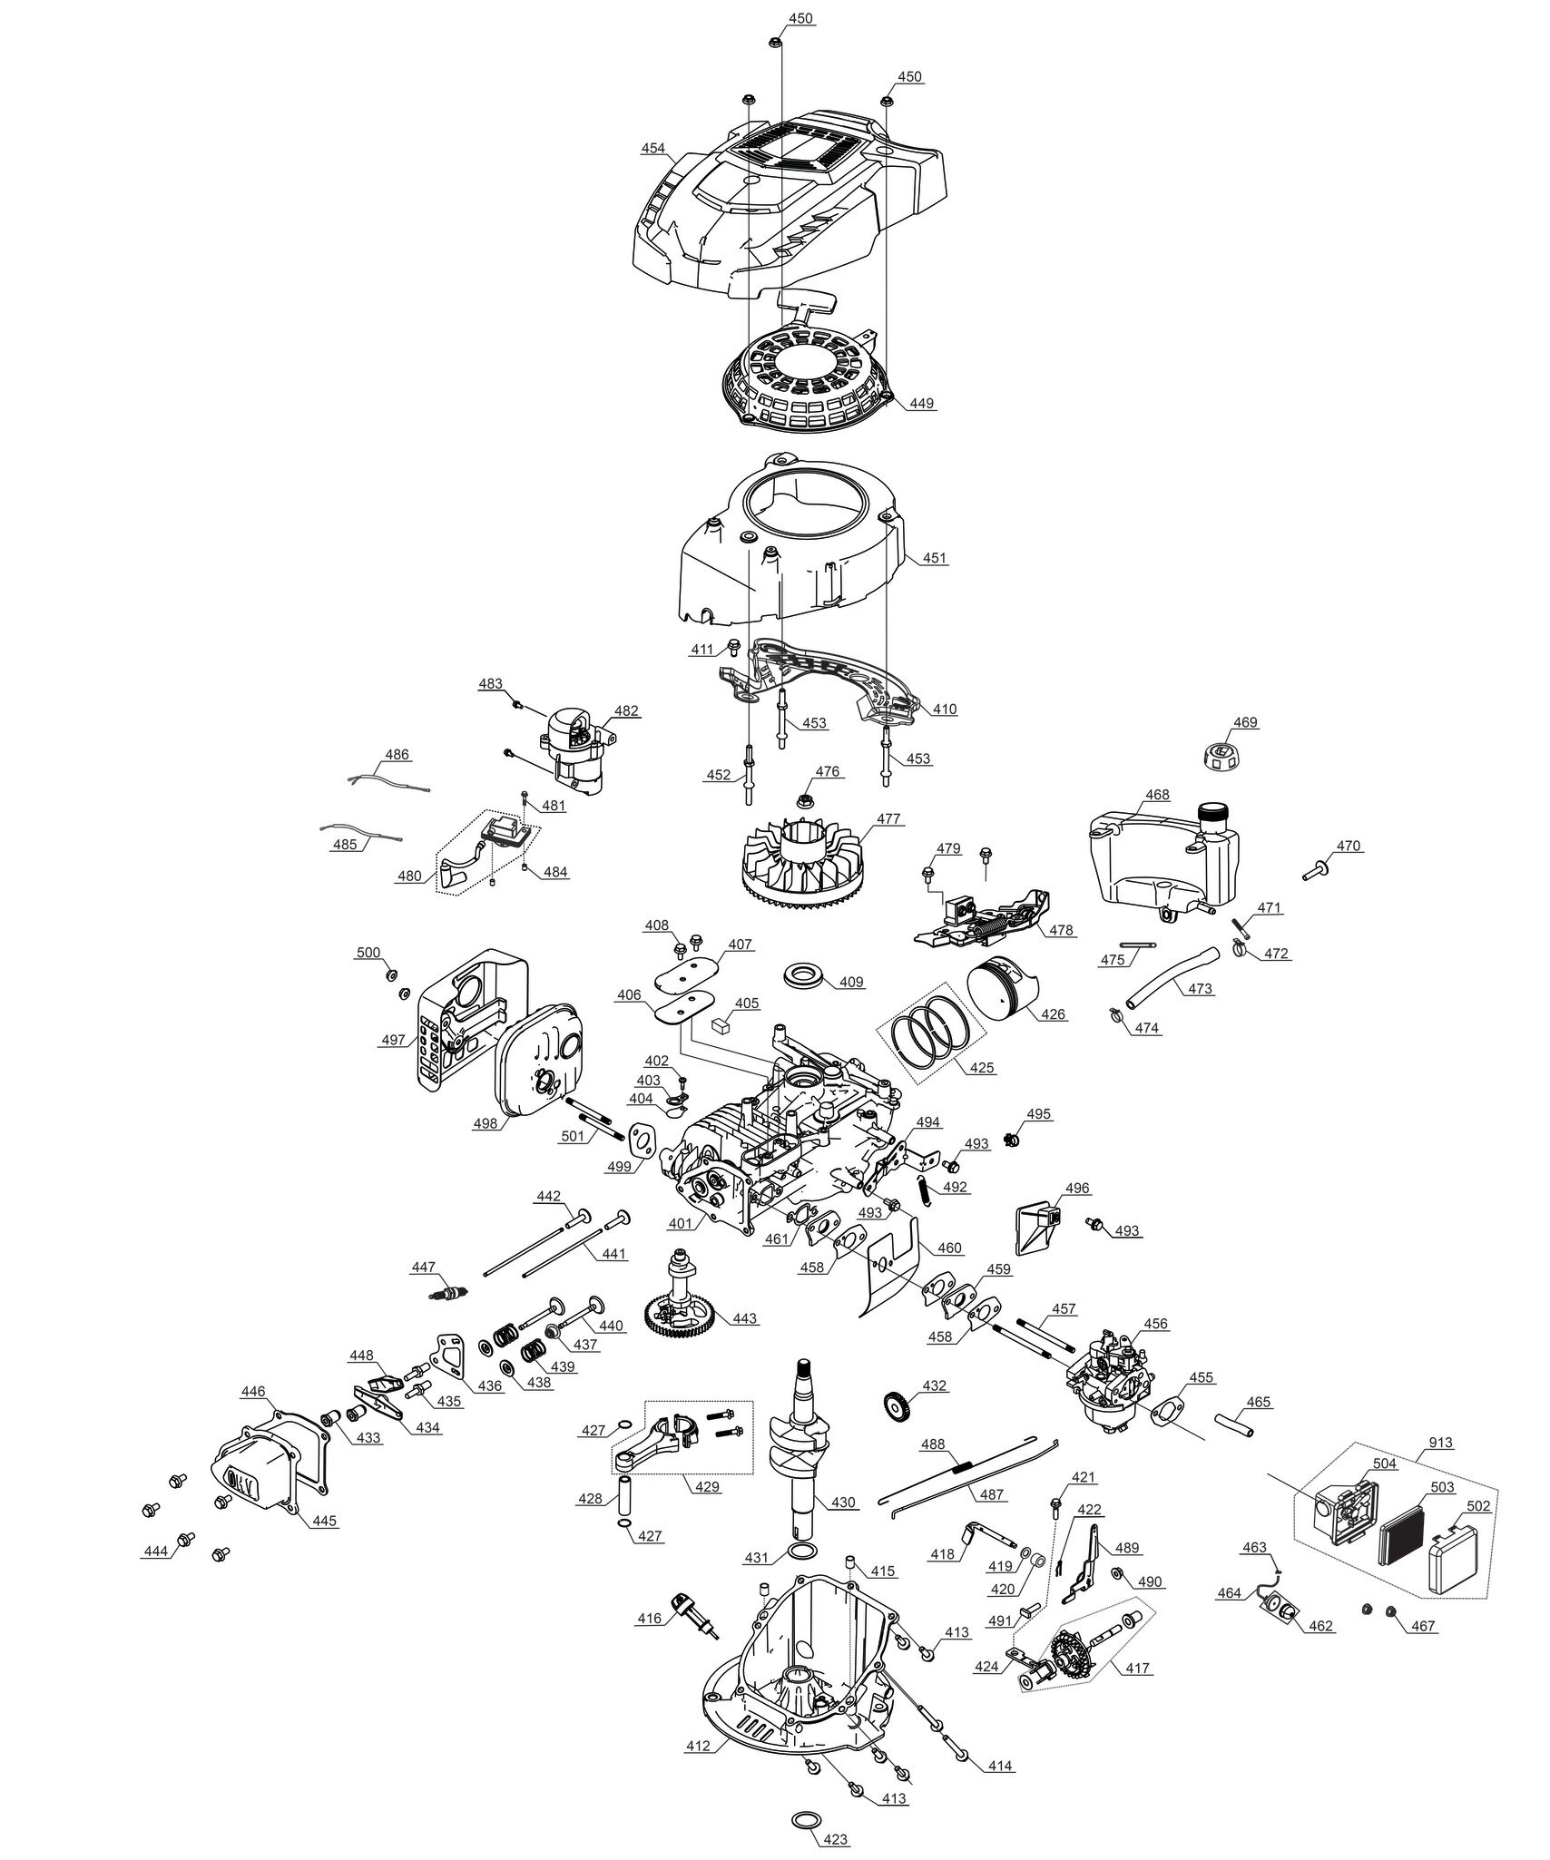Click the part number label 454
pyautogui.click(x=652, y=149)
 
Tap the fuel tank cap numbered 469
pyautogui.click(x=1222, y=752)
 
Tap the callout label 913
pyautogui.click(x=1440, y=1443)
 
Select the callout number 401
pyautogui.click(x=680, y=1223)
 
